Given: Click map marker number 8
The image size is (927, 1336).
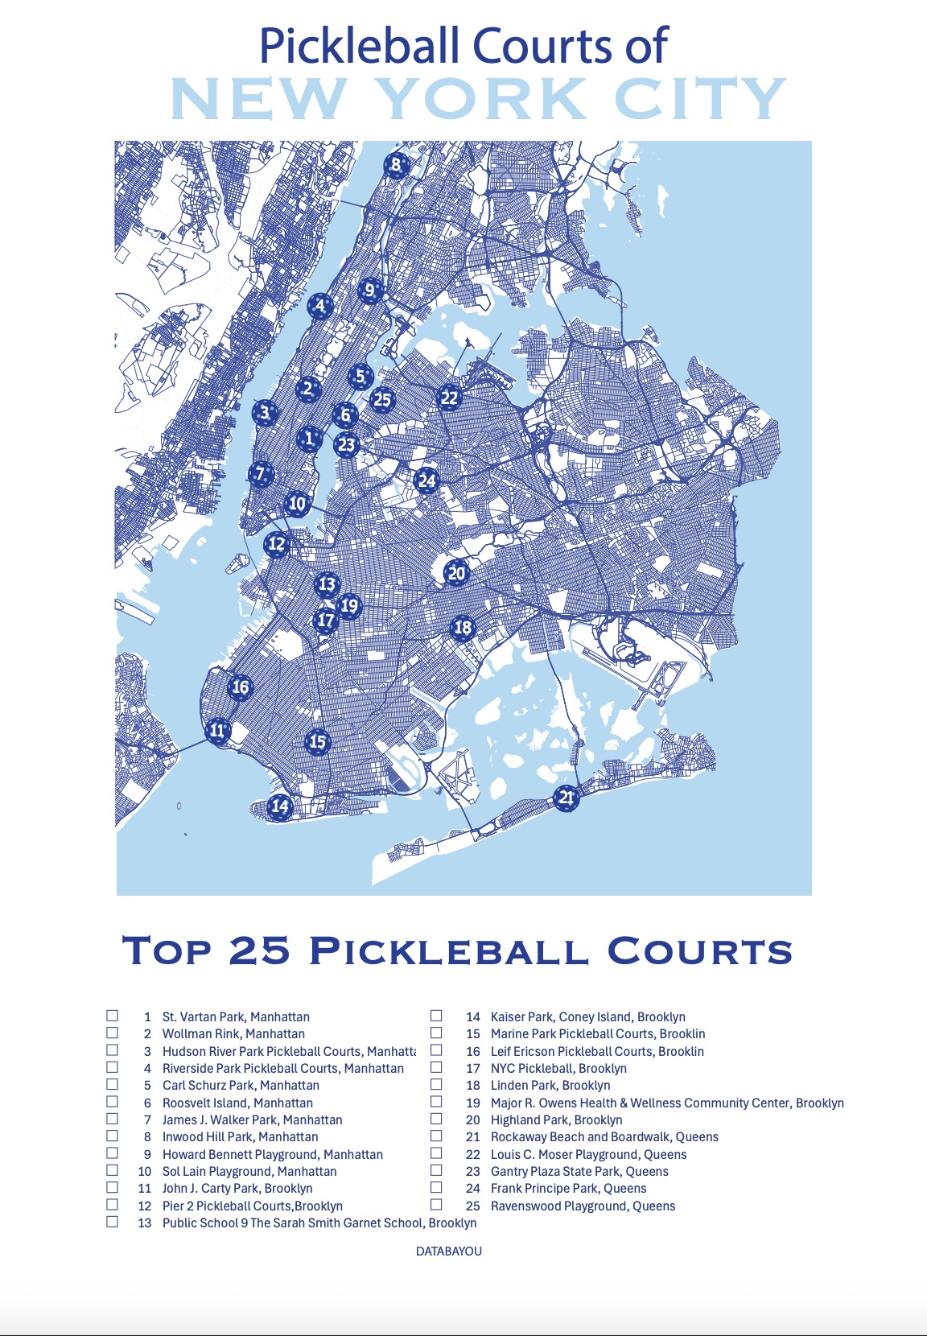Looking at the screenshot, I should point(395,166).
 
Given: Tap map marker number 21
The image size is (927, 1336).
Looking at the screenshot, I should point(566,798).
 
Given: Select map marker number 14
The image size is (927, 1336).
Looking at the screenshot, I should point(279,806).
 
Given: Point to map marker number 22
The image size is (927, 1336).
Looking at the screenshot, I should point(449,397).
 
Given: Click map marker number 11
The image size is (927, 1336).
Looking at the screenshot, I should point(217,731).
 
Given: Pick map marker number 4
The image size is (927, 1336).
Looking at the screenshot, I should point(320,306).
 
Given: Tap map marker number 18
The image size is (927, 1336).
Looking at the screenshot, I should point(463,628).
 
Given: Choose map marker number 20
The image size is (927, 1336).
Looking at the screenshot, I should point(456,573).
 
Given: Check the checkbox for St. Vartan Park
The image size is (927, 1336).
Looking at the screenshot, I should point(113,1016).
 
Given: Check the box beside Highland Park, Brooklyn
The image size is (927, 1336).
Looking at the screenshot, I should point(436,1119).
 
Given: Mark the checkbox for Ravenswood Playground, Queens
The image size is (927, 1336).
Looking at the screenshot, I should point(436,1205).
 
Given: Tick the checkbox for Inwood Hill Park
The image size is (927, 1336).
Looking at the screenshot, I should point(113,1136).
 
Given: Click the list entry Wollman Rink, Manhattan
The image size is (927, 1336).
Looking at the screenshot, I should point(233,1034).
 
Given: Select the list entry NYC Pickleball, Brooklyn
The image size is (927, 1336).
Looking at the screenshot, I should point(558,1069).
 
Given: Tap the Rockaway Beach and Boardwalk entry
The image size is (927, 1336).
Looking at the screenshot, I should point(604,1137).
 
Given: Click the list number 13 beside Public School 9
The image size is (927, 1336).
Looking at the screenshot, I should point(145,1223).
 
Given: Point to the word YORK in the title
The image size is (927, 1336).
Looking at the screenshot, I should point(480,99).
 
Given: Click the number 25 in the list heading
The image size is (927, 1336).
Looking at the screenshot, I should point(259,950).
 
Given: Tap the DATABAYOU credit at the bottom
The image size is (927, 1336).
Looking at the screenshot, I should point(449,1251).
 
